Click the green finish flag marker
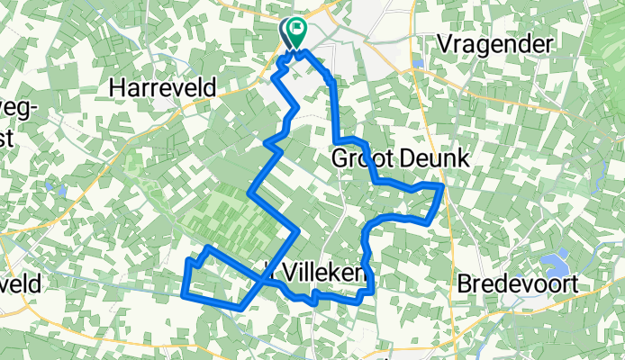(x=295, y=33)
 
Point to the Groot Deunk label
(x=401, y=159)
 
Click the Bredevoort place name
(x=516, y=283)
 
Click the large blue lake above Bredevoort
(x=551, y=265)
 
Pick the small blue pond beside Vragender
(x=418, y=63)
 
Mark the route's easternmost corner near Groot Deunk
(x=443, y=185)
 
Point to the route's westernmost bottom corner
(x=185, y=293)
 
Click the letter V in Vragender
(x=443, y=42)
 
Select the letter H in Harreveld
(x=116, y=87)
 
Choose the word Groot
(x=364, y=159)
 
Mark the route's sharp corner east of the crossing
(x=296, y=231)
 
